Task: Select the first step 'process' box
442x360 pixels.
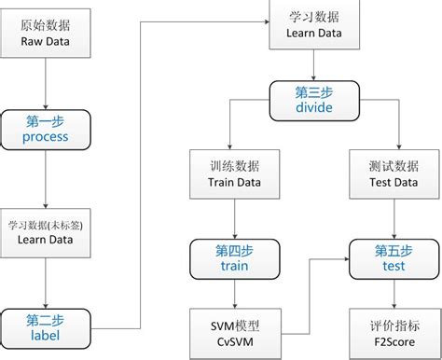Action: (46, 130)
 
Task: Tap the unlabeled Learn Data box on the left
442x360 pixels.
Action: (46, 233)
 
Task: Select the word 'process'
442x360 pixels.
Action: (46, 138)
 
